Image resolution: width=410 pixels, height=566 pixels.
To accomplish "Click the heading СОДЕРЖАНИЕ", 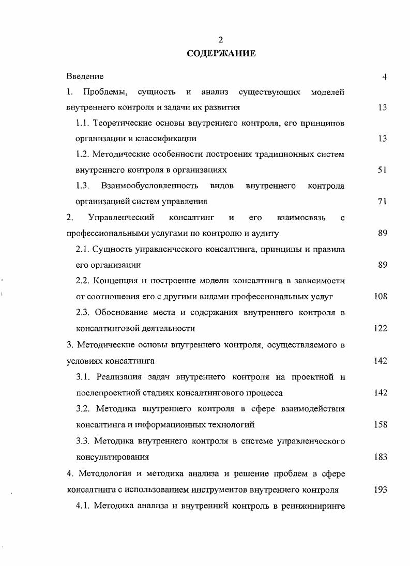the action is (221, 54).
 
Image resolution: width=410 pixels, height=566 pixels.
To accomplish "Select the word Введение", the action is (85, 77).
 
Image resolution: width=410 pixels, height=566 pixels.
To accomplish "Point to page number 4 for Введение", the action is (384, 77).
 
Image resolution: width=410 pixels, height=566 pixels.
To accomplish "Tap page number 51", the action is (382, 170).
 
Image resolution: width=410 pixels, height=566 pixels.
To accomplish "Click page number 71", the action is (382, 202).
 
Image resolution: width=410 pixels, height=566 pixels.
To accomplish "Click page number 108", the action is (380, 297).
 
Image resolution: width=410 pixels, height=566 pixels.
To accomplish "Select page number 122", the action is (380, 328).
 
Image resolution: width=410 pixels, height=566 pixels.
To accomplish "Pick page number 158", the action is (380, 424).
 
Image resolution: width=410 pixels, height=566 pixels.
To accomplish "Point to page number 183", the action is (380, 457).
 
